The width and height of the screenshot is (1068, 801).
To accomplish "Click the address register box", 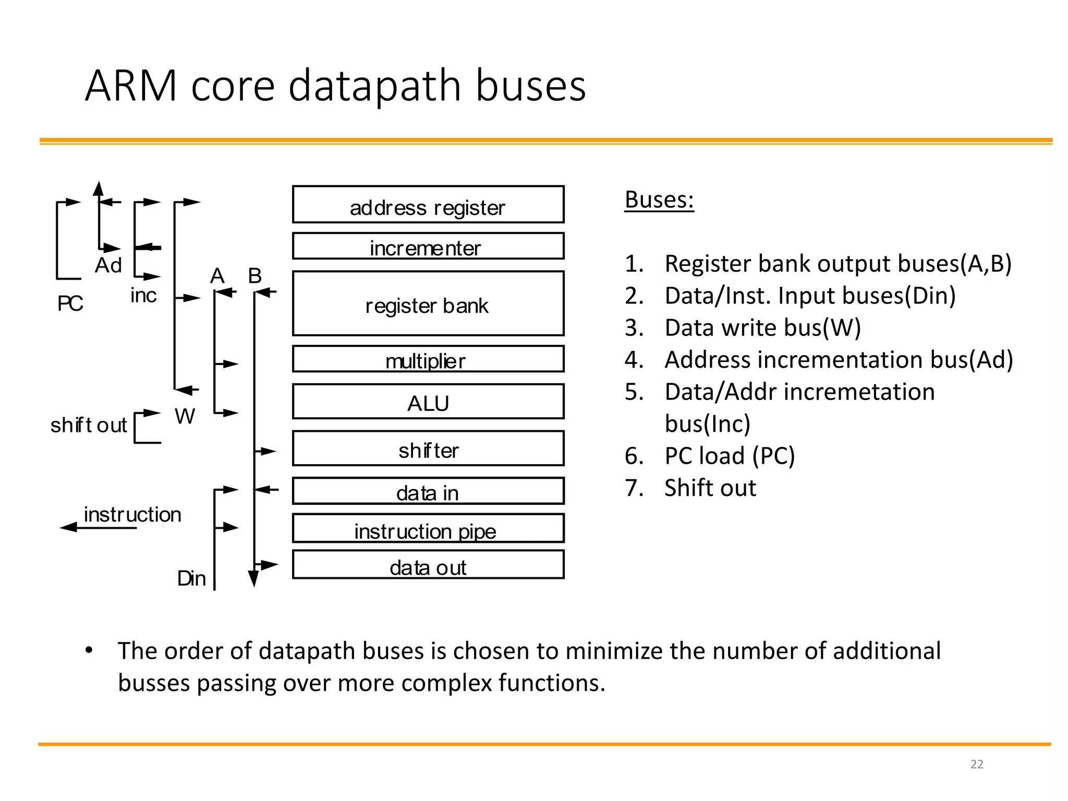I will click(428, 204).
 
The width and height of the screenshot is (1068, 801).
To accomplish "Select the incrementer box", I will click(428, 246).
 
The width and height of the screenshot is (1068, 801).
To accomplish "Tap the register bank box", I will click(428, 304).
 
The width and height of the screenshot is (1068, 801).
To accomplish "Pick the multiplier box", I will click(428, 359).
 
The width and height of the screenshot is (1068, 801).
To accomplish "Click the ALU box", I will click(428, 402).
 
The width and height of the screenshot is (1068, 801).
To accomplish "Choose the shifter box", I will click(428, 448).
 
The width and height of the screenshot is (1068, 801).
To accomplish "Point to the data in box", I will click(428, 491).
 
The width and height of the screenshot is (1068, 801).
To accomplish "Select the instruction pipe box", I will click(428, 529).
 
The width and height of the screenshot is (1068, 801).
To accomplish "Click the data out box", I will click(428, 565).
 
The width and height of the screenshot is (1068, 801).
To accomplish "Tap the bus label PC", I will click(70, 304).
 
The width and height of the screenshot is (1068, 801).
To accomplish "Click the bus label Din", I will click(191, 578).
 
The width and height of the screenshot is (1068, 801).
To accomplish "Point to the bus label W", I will click(185, 416).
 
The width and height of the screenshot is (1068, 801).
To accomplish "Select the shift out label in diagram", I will click(89, 425).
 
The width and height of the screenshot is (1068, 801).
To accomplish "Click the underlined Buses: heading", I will click(659, 200).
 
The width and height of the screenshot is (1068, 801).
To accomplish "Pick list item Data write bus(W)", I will click(762, 328).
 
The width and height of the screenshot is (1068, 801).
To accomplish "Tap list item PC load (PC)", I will click(729, 456).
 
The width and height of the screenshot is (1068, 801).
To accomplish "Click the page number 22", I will click(977, 764).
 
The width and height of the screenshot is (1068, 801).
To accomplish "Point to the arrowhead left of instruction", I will click(68, 527).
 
